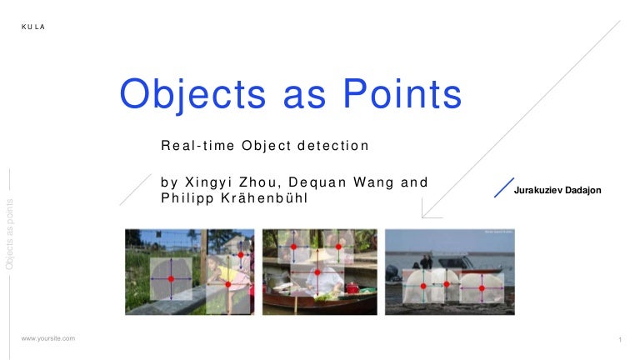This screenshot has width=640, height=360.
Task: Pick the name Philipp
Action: coord(187,198)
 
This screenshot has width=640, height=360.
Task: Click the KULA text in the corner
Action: coord(33,27)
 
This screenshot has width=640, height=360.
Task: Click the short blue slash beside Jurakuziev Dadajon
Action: coord(503,187)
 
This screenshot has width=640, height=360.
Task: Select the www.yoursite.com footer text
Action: coord(48,338)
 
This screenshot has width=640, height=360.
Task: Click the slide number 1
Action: coord(621,339)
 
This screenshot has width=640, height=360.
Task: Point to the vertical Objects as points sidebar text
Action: coord(10,233)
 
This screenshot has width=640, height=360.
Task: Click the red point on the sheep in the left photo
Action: coord(171,278)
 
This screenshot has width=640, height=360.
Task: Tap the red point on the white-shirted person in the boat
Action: coord(317,273)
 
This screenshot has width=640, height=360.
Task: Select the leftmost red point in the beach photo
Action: coord(423,287)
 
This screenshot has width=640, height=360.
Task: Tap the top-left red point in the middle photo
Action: coord(293,247)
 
